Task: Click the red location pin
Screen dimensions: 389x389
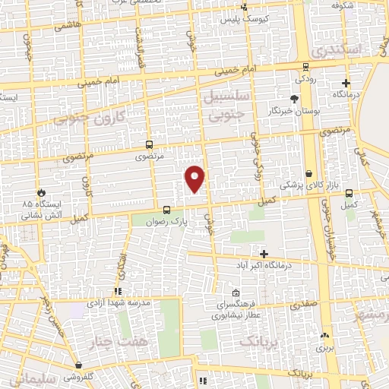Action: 195,178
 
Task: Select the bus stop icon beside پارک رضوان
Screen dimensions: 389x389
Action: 166,209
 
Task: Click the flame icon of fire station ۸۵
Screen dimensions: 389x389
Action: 40,192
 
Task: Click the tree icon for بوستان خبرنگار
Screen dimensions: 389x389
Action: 295,99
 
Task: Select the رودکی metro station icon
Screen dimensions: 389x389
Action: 305,67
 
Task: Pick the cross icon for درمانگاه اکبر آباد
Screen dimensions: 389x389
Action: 264,254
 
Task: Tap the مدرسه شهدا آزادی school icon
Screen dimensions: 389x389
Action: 117,291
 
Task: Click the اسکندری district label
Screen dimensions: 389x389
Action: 336,51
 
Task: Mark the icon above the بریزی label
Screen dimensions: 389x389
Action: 325,335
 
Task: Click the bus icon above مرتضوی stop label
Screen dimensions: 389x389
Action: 148,144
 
